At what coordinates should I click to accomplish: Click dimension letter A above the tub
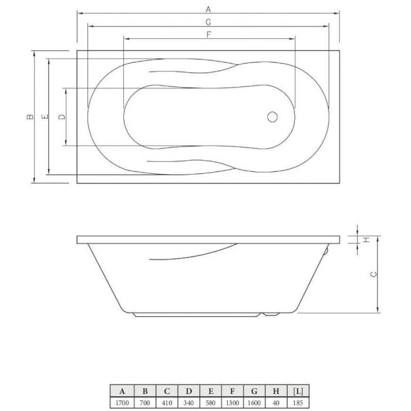coord(208,9)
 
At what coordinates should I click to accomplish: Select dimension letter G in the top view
coord(208,22)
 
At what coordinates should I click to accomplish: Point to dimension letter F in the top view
coord(209,35)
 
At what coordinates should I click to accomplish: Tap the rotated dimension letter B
coord(31,117)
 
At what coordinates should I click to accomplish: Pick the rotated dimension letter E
coord(45,117)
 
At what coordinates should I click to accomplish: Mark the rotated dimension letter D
coord(62,117)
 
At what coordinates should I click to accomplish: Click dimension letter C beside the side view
coord(373,274)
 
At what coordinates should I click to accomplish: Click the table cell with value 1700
coord(122,403)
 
